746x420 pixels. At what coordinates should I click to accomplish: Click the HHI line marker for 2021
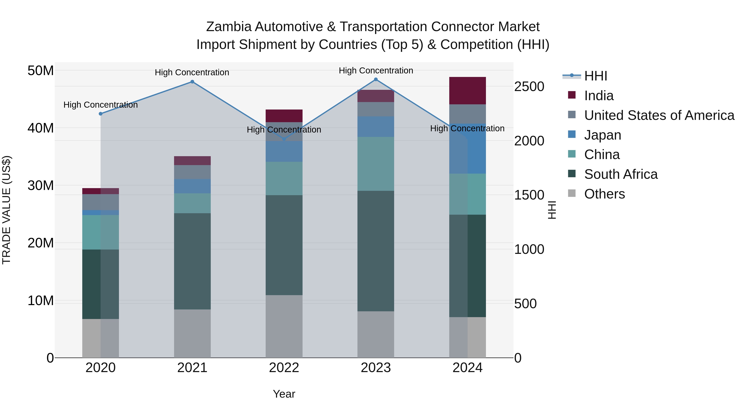[x=192, y=82]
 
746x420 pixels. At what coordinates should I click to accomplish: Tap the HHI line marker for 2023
[x=376, y=79]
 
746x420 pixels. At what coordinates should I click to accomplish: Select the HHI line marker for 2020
[x=101, y=114]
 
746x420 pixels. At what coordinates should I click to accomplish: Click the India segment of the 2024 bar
[x=467, y=91]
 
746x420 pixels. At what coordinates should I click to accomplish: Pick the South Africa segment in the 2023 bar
[x=376, y=251]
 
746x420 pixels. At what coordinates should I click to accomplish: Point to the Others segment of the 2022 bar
[x=284, y=326]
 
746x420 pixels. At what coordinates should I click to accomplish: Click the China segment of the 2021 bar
[x=192, y=203]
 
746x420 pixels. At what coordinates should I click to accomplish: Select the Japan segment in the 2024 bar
[x=467, y=149]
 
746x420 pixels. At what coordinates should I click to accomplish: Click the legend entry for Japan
[x=602, y=135]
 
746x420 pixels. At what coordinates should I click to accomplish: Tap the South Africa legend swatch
[x=572, y=174]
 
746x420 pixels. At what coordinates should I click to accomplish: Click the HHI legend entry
[x=595, y=76]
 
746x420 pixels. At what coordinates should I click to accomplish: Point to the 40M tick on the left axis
[x=41, y=128]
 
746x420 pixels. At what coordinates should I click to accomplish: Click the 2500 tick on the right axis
[x=529, y=87]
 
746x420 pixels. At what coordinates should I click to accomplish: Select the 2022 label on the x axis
[x=284, y=368]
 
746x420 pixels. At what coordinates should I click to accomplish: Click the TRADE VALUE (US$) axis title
[x=6, y=210]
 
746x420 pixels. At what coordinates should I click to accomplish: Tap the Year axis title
[x=284, y=394]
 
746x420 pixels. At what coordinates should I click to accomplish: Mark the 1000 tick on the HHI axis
[x=529, y=249]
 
